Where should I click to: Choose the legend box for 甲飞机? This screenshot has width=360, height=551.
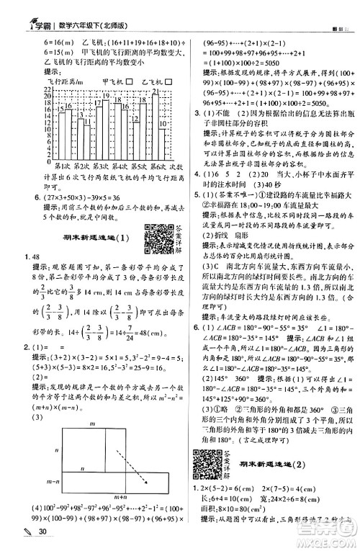click(130, 81)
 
